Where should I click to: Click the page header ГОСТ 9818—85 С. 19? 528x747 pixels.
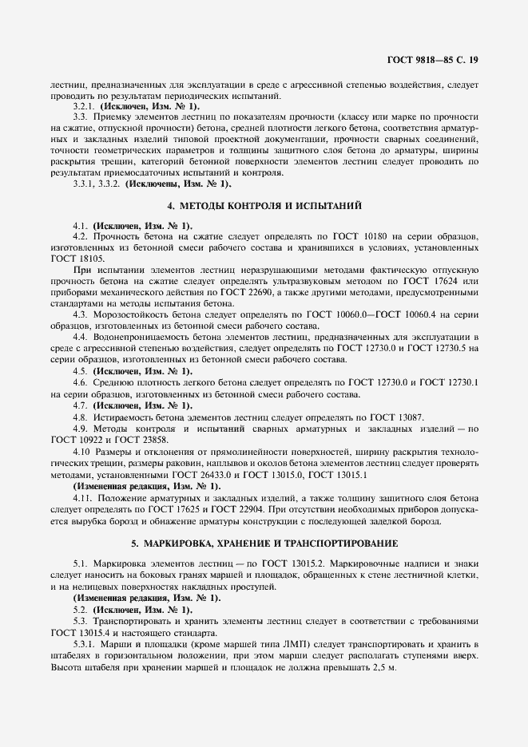click(432, 60)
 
